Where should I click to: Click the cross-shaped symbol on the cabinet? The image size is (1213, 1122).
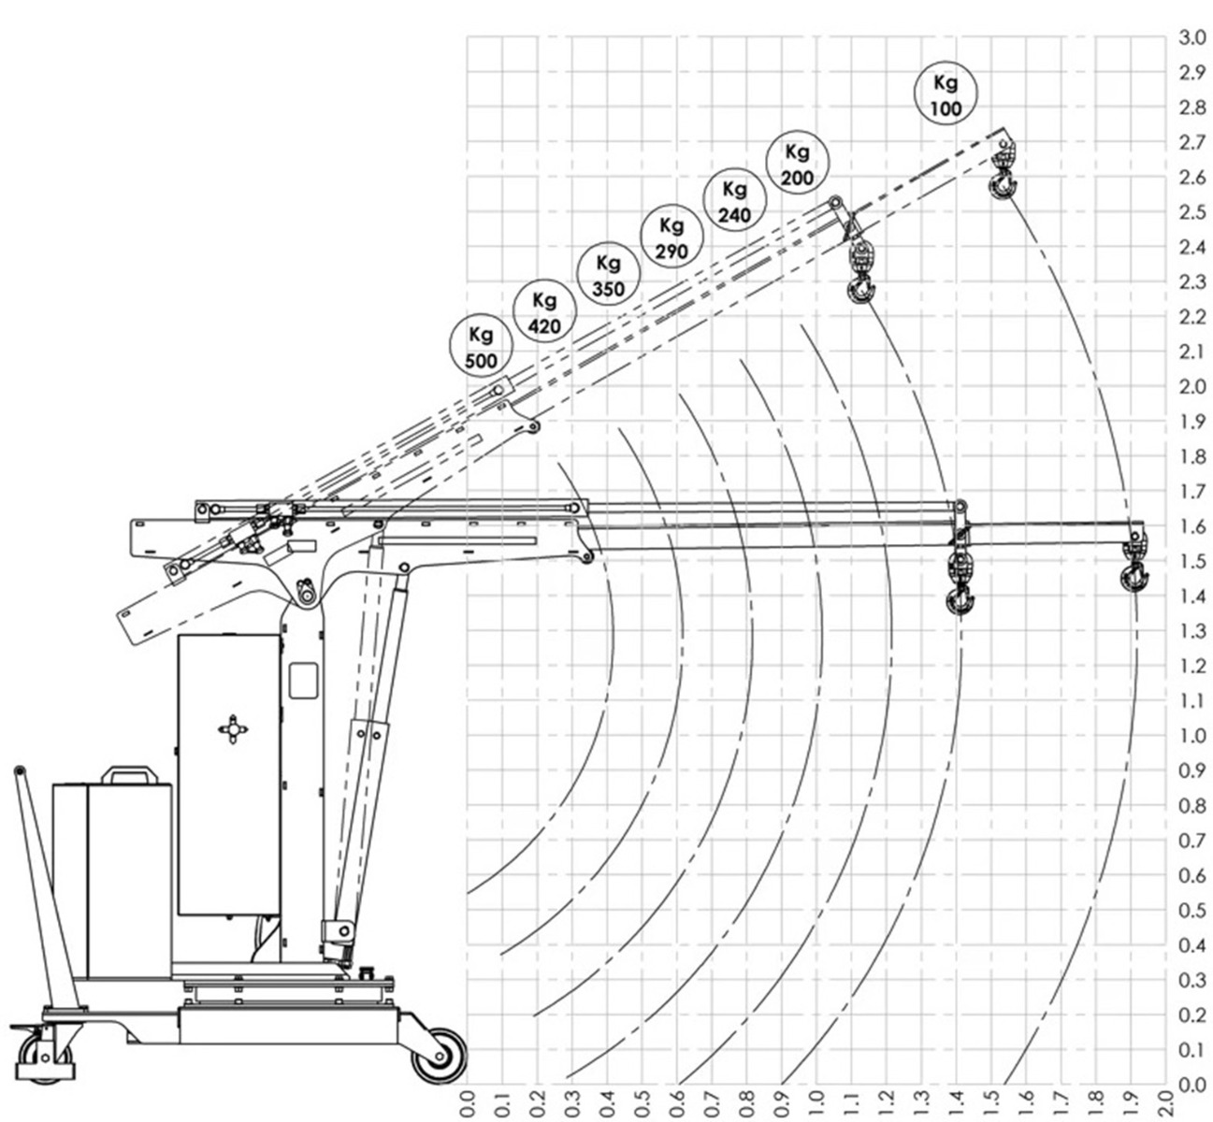(233, 729)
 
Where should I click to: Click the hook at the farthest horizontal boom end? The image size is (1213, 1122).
(1134, 568)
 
